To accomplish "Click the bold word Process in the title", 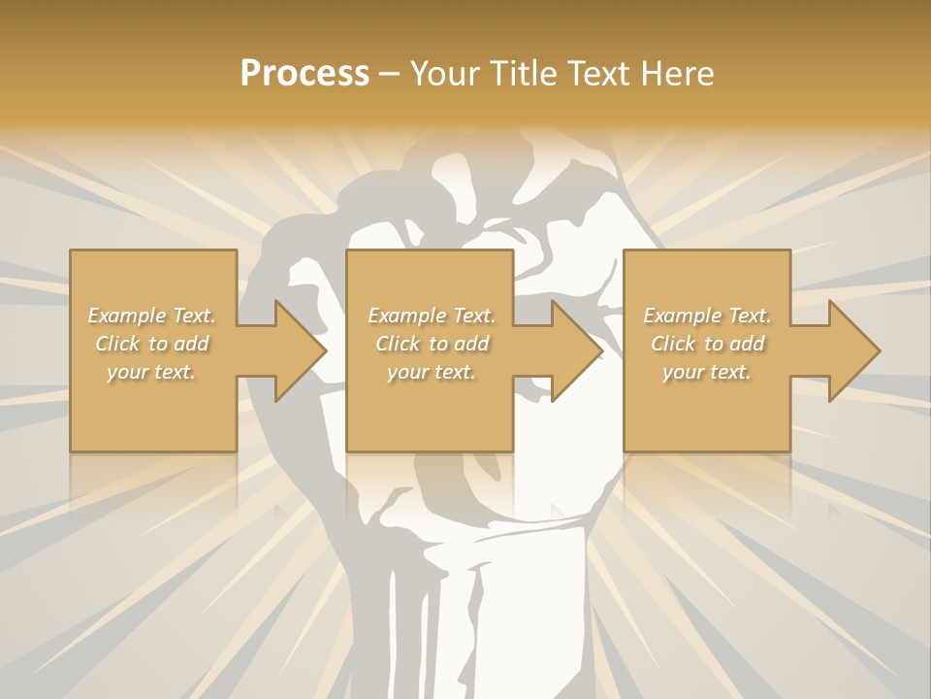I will pos(305,74).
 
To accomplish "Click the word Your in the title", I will pos(443,74).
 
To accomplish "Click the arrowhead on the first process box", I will pos(296,350).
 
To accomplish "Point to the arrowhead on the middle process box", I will pos(573,350).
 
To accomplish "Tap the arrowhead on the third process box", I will pos(851,350).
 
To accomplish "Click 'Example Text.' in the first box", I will pos(151,316).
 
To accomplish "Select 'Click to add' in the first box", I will pos(151,344).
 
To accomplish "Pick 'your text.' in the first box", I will pos(151,372).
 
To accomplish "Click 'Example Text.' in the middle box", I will pos(431,316).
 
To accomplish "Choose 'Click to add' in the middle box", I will pos(431,344).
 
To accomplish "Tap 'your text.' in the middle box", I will pos(431,372).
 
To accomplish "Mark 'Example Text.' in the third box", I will pos(707,316).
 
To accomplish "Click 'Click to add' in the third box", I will pos(707,344).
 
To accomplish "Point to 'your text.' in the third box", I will pos(707,372).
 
